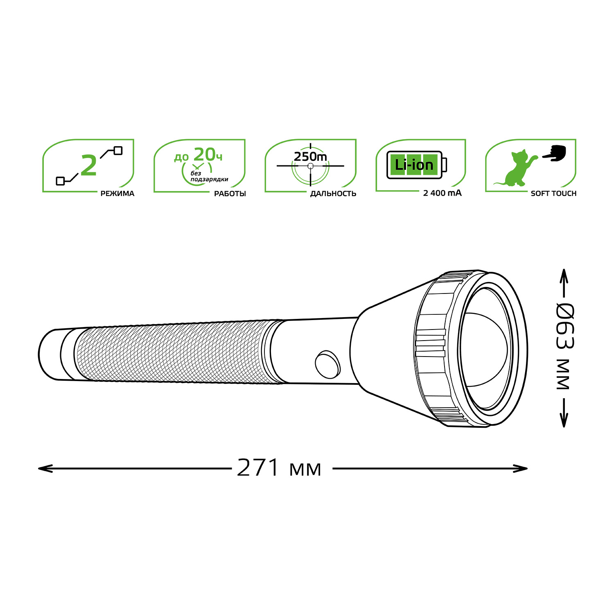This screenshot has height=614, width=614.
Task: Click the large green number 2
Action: click(x=89, y=166)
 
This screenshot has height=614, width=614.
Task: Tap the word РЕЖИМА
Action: click(x=117, y=194)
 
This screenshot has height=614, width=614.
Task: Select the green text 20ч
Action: click(x=208, y=155)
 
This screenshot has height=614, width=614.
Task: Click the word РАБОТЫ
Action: click(x=230, y=194)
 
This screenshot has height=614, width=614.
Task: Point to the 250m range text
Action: click(x=310, y=156)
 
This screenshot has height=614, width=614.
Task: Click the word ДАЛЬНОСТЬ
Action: click(x=333, y=194)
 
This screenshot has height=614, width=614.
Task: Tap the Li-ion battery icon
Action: click(x=417, y=165)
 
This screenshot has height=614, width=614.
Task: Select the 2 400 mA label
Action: click(x=442, y=193)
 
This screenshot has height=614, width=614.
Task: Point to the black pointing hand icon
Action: click(x=555, y=153)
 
